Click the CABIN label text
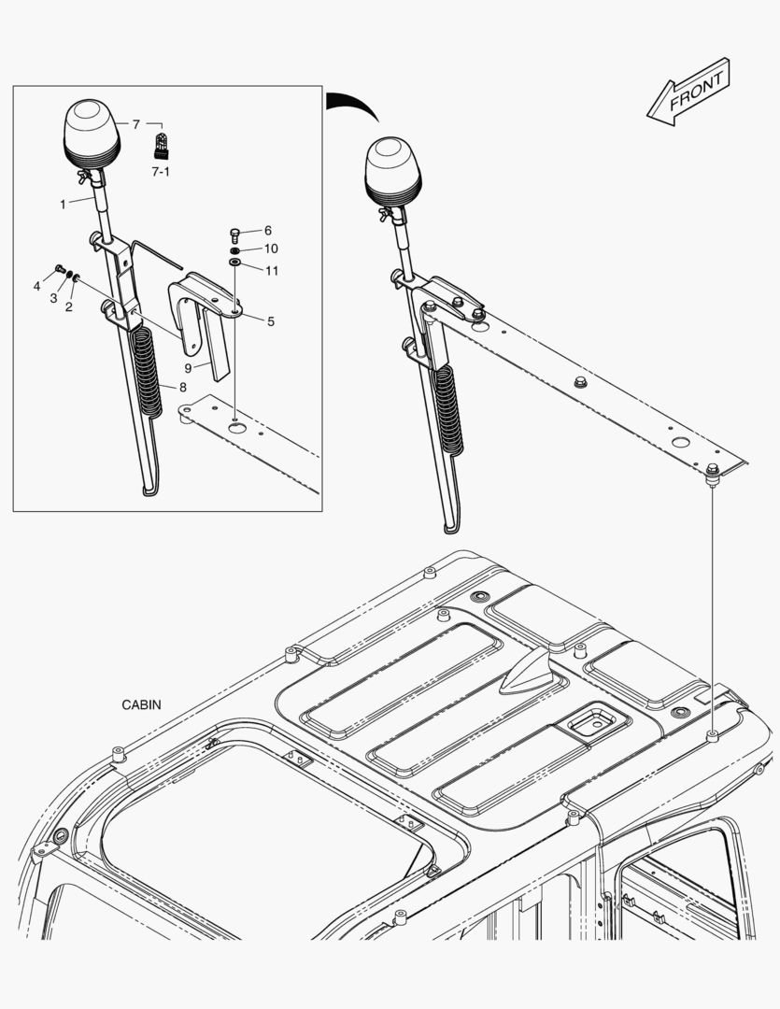coord(141,704)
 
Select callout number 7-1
coord(161,172)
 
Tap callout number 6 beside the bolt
coord(267,230)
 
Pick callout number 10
coord(270,249)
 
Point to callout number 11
coord(270,271)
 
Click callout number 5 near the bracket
coord(270,321)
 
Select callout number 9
coord(187,368)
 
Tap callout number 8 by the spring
coord(182,386)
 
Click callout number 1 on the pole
coord(63,204)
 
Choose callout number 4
coord(37,286)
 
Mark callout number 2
coord(68,306)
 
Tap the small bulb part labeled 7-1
coord(161,147)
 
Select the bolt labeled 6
coord(235,232)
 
